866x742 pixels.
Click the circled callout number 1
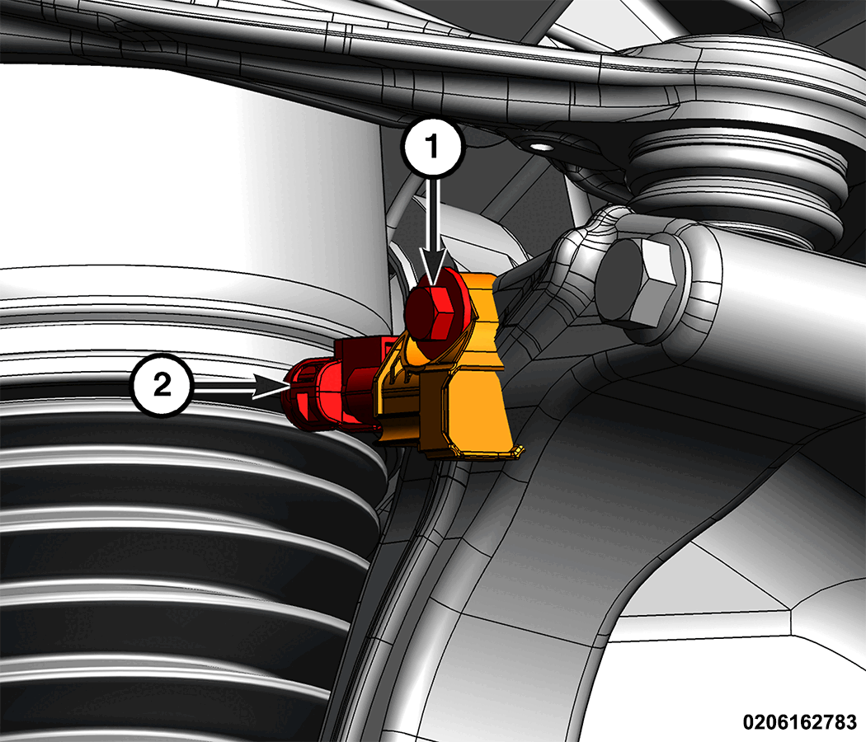(432, 146)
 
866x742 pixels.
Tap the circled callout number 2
(162, 384)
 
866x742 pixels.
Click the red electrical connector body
(337, 387)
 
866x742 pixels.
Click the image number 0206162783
(799, 721)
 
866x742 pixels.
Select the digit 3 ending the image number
(851, 721)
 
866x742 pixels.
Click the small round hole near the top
(539, 146)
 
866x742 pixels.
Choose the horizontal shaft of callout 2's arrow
(223, 385)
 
